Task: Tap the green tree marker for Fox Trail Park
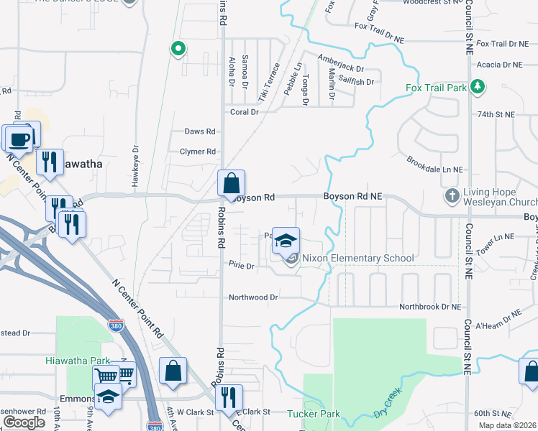(477, 88)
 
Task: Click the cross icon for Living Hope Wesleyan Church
(451, 195)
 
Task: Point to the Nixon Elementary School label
(357, 258)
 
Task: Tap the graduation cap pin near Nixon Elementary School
(286, 242)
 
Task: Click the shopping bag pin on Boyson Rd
(232, 185)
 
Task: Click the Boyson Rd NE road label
(352, 196)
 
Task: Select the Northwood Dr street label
(253, 297)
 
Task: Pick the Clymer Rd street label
(198, 152)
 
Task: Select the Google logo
(24, 422)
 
